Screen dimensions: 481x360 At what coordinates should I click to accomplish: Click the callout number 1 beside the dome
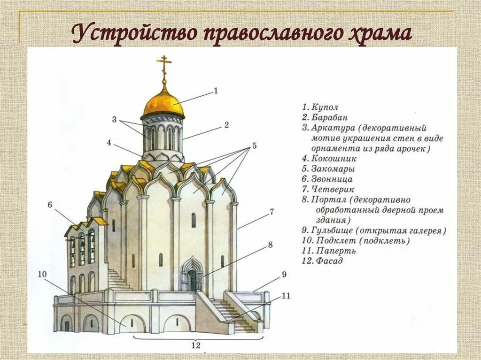click(x=216, y=91)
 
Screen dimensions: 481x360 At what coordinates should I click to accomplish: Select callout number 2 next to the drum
click(x=226, y=125)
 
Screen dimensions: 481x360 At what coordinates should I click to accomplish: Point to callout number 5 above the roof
click(x=254, y=146)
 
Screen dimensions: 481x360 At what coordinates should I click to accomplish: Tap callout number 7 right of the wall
click(x=271, y=212)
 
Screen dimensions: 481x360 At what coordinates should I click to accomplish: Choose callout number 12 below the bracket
click(x=196, y=346)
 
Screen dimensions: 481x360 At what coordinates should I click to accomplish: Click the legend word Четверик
click(x=332, y=190)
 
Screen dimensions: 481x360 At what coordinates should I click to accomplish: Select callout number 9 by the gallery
click(x=284, y=275)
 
